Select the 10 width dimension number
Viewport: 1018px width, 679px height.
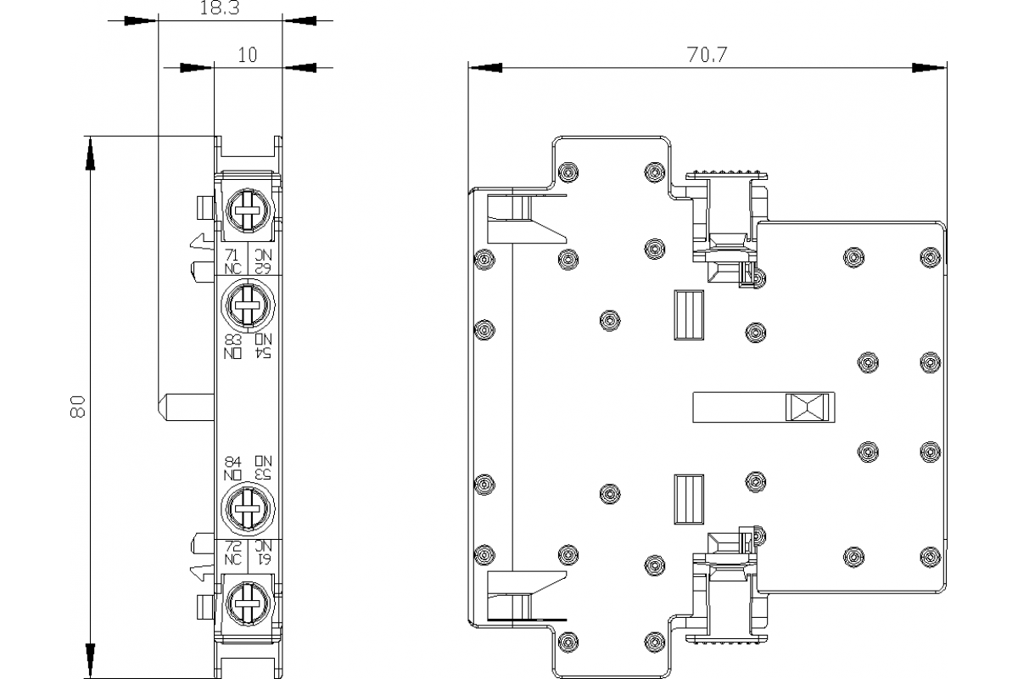pos(247,56)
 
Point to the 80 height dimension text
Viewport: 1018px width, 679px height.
pos(77,407)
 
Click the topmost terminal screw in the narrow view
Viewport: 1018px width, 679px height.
pos(247,207)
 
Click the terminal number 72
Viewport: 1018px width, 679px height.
pos(232,547)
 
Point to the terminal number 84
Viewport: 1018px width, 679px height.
pos(232,461)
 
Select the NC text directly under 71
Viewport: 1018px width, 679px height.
pos(232,268)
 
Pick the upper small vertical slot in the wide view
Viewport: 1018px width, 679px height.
pos(688,316)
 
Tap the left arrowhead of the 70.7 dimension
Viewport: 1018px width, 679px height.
pos(484,67)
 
